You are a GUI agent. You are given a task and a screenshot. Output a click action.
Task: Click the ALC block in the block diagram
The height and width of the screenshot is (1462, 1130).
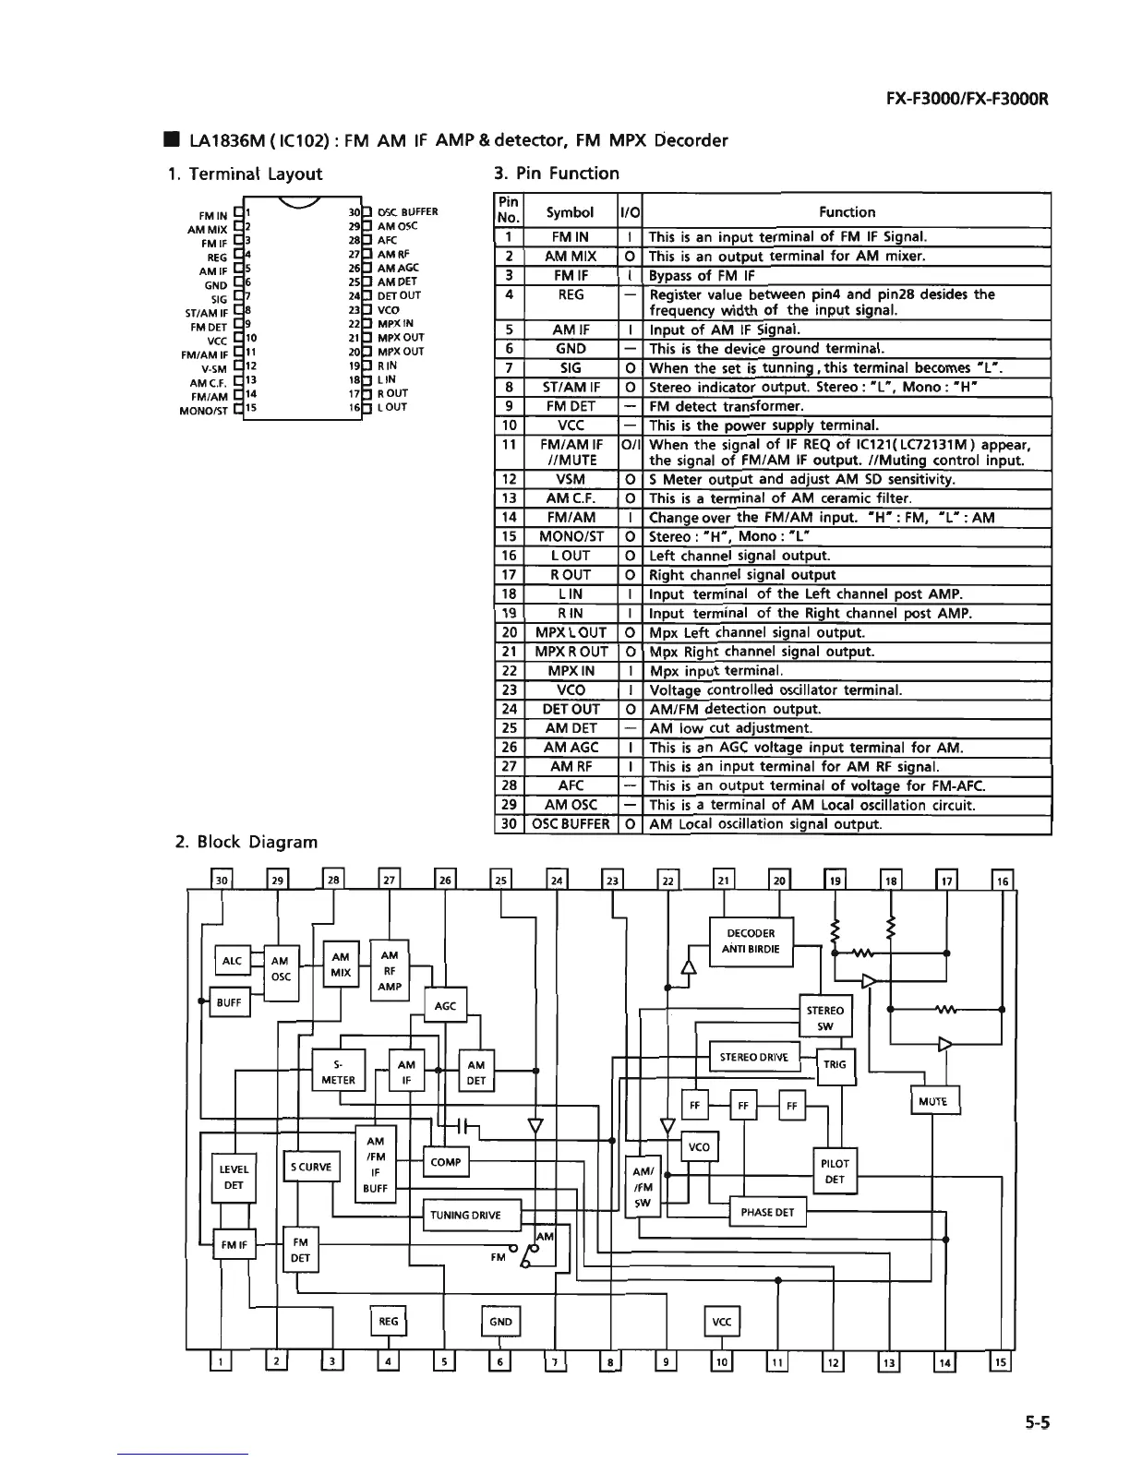click(x=232, y=961)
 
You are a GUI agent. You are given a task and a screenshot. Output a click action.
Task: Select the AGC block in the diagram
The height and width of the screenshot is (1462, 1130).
click(x=445, y=1006)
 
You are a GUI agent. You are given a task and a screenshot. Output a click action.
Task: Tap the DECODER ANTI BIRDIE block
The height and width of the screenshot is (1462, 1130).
click(x=751, y=941)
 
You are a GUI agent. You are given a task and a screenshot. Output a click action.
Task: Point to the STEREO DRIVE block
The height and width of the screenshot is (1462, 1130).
click(x=753, y=1057)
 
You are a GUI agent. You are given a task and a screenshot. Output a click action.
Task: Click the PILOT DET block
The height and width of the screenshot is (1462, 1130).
click(x=835, y=1171)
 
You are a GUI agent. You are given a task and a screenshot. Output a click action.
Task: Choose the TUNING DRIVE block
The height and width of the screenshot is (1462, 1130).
click(x=471, y=1215)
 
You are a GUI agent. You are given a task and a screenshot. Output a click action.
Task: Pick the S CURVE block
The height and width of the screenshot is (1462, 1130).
click(x=310, y=1167)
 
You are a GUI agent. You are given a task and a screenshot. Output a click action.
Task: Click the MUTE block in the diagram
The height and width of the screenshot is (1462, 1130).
click(x=935, y=1101)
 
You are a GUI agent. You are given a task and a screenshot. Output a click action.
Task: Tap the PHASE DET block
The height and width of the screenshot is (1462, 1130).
click(x=767, y=1212)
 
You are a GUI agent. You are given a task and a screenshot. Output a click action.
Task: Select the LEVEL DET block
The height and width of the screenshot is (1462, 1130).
click(x=234, y=1177)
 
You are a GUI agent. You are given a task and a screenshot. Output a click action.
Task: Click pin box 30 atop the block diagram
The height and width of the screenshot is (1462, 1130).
click(x=222, y=881)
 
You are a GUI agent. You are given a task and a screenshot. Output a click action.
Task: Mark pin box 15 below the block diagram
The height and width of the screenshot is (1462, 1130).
click(x=1001, y=1361)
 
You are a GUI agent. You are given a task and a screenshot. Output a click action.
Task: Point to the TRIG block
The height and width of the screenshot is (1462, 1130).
click(x=835, y=1064)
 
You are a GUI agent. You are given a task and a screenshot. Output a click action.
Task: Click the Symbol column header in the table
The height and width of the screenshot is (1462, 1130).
click(x=570, y=211)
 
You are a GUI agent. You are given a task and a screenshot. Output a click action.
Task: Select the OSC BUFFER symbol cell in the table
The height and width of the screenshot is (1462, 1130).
click(x=570, y=823)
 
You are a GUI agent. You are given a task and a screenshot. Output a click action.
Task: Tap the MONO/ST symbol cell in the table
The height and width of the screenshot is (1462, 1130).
click(x=570, y=536)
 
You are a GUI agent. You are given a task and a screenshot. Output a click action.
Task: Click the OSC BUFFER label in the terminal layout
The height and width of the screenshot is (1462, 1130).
click(x=407, y=211)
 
